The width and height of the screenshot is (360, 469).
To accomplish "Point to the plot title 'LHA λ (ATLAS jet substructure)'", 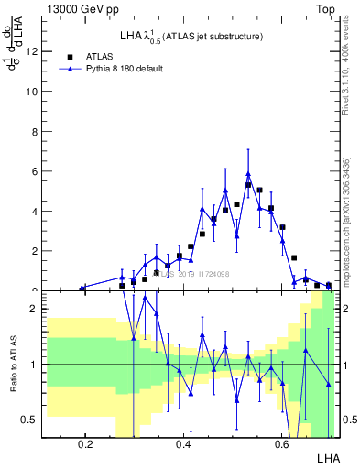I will (191, 37).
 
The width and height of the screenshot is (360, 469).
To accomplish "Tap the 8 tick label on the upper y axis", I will (36, 132).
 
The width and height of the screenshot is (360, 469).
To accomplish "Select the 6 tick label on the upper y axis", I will (36, 171).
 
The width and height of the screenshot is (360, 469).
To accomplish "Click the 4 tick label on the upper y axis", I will (36, 211).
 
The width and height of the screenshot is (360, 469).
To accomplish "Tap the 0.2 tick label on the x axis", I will (86, 443).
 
